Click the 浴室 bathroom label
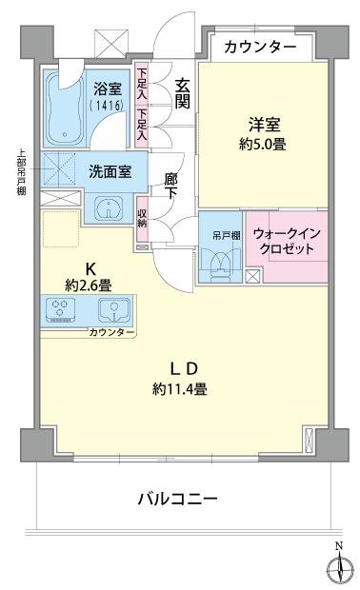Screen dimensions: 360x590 (108, 89)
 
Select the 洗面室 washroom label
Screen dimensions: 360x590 (110, 171)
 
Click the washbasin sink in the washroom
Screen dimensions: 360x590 (109, 208)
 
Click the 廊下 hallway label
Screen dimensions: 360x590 (171, 186)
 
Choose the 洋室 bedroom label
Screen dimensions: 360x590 (264, 125)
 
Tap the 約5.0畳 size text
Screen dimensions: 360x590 (263, 144)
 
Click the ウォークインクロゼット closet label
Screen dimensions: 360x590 (287, 241)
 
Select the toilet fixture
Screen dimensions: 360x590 (220, 267)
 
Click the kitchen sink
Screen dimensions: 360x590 (114, 310)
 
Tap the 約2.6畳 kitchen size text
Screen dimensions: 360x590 (89, 286)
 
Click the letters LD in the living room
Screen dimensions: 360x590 (184, 369)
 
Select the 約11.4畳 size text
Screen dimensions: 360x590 (180, 389)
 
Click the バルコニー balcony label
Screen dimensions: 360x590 (177, 500)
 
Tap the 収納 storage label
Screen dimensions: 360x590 (142, 218)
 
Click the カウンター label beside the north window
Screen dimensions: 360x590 (260, 48)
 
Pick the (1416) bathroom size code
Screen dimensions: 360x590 (108, 106)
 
